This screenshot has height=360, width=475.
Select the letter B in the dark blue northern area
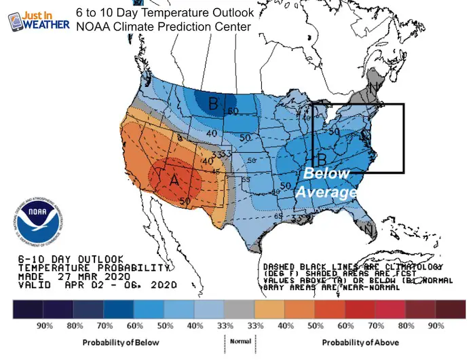click(213, 104)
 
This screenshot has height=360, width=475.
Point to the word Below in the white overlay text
click(326, 174)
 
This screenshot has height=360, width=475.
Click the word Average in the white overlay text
click(326, 193)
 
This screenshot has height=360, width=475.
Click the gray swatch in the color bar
click(237, 308)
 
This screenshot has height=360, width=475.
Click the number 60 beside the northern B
click(233, 111)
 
